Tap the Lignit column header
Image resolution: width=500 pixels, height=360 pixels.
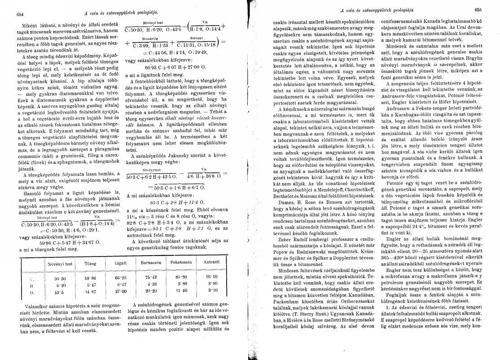coord(121,262)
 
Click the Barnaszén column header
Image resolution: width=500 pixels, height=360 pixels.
coord(150,261)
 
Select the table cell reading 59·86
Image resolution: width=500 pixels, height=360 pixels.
coord(91,278)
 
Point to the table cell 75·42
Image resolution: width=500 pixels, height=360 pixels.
coord(148,278)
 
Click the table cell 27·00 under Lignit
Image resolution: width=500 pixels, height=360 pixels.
coord(121,291)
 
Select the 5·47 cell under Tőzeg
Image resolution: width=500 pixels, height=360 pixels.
coord(91,285)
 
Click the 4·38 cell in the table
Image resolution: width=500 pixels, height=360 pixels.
coord(149,284)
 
